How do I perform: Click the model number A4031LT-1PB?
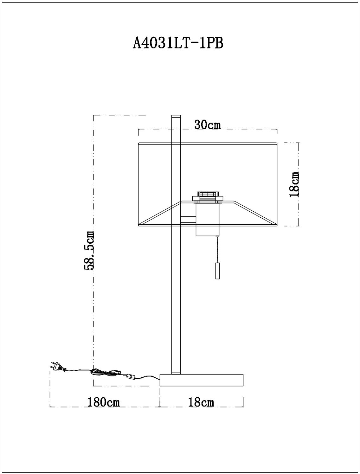pos(178,43)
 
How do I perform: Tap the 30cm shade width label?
pos(208,125)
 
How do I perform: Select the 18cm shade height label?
pos(294,184)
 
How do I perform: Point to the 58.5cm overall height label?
pos(89,250)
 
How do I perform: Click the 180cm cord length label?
pos(104,402)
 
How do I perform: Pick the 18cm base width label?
pos(201,402)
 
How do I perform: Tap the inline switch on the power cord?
pos(131,376)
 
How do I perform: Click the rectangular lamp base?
pos(201,380)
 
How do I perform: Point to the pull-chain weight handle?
pos(217,271)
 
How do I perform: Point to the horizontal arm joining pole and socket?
pos(188,220)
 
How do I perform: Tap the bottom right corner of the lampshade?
pos(277,226)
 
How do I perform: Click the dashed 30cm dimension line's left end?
pos(139,130)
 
